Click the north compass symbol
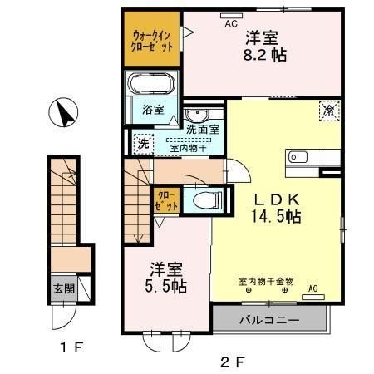point(63,112)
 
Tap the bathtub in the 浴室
point(151,84)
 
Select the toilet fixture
point(208,200)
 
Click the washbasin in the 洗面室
point(197,115)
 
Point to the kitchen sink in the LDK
point(298,157)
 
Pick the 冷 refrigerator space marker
point(329,111)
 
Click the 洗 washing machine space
point(144,144)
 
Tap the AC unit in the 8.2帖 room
point(231,16)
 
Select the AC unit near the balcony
point(313,298)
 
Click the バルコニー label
point(269,321)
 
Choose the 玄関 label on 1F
point(64,289)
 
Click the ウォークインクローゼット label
point(152,41)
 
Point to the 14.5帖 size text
point(276,216)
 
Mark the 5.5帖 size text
point(165,286)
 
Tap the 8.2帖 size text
point(264,55)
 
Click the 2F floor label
point(233,362)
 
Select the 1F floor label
point(71,347)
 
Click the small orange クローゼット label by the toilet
point(166,201)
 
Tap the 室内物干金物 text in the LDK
point(266,282)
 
